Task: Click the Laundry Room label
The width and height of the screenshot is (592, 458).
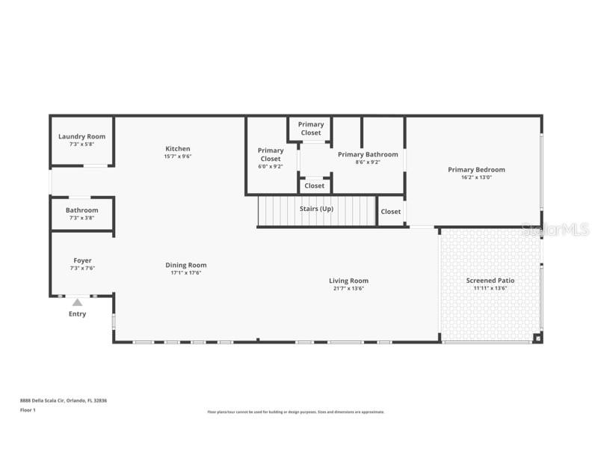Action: tap(81, 137)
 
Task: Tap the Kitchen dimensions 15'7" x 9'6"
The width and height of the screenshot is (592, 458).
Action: tap(178, 156)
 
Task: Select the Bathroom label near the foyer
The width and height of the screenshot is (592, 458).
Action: tap(81, 210)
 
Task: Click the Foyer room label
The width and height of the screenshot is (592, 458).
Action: tap(82, 260)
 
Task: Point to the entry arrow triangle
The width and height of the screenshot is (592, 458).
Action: tap(77, 302)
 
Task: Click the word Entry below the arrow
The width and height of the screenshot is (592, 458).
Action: tap(77, 314)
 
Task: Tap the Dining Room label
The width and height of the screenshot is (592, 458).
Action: tap(186, 265)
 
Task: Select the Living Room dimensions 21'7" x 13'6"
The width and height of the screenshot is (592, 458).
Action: tap(348, 288)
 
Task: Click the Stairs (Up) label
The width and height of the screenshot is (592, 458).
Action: tap(316, 209)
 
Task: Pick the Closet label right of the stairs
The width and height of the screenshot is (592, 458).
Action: tap(390, 212)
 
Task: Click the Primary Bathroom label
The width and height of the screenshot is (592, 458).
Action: tap(368, 155)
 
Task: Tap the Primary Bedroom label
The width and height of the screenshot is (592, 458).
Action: tap(476, 170)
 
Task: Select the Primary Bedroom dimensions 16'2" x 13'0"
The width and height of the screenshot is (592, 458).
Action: tap(476, 177)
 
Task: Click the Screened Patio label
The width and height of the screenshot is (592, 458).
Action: tap(490, 281)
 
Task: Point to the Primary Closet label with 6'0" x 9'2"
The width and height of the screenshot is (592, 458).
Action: tap(271, 154)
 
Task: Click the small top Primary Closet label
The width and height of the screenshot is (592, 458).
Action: tap(311, 129)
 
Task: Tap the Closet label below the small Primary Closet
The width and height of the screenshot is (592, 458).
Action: tap(315, 186)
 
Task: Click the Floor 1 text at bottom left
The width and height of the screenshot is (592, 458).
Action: tap(28, 410)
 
